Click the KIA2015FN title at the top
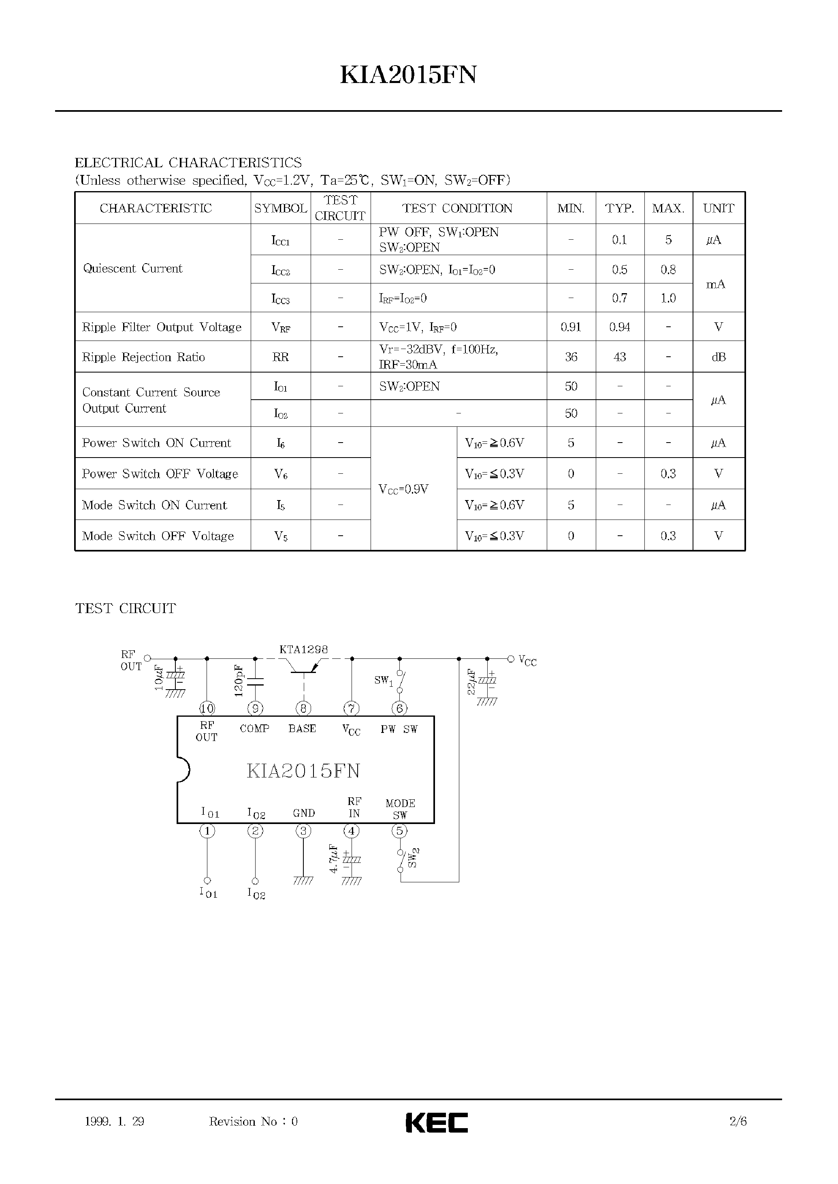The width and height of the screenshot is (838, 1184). tap(408, 75)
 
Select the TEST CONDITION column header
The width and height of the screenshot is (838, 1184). tap(457, 209)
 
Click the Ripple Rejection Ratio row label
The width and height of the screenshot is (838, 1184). tap(143, 357)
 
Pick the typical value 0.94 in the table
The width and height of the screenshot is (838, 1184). tap(619, 327)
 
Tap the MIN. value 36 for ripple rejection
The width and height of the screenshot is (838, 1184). tap(571, 357)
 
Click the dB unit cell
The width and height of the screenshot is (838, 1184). tap(718, 357)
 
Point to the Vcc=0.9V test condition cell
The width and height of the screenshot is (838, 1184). tap(403, 489)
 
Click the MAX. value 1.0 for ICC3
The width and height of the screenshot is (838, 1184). tap(668, 298)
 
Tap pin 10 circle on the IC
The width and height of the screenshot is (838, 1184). tap(207, 708)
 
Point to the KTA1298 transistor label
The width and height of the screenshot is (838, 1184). tap(303, 649)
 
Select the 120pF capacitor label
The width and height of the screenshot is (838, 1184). tap(239, 681)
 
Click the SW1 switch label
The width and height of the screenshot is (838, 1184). tap(384, 681)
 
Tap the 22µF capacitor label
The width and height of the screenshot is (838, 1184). tap(471, 682)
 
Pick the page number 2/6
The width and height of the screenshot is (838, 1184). tap(738, 1121)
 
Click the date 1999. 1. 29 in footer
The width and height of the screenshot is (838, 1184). tap(114, 1121)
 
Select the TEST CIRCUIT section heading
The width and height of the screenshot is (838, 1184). tap(126, 609)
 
